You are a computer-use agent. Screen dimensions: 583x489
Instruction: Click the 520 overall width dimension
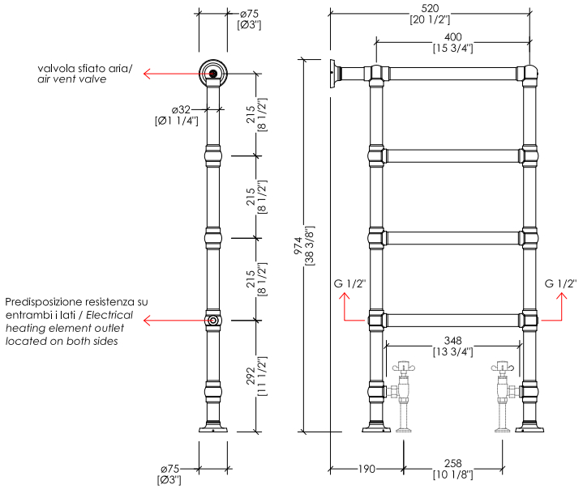(430, 8)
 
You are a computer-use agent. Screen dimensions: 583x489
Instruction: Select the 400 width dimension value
(453, 37)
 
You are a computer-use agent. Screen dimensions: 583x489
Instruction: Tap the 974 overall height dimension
(298, 246)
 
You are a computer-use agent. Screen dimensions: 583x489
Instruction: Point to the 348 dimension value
(453, 341)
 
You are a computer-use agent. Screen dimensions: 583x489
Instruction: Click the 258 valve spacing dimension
(453, 463)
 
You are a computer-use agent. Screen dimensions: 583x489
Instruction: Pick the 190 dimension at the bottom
(367, 469)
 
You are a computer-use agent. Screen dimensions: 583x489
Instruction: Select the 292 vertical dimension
(251, 376)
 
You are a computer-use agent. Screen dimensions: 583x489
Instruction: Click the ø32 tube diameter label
(181, 110)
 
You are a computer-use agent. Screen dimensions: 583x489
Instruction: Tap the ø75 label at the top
(249, 14)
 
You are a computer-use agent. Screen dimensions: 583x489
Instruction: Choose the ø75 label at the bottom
(170, 469)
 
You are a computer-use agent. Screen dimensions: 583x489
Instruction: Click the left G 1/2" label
(349, 283)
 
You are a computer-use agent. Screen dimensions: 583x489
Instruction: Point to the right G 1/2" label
(560, 283)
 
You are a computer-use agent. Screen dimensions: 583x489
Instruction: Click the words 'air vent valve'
(71, 79)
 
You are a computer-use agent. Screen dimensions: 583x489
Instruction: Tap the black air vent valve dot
(213, 74)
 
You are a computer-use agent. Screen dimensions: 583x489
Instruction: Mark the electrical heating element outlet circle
(213, 321)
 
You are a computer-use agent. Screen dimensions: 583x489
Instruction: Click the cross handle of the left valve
(404, 368)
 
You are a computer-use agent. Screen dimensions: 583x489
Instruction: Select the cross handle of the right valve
(502, 368)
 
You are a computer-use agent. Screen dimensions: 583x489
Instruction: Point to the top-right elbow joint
(529, 74)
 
